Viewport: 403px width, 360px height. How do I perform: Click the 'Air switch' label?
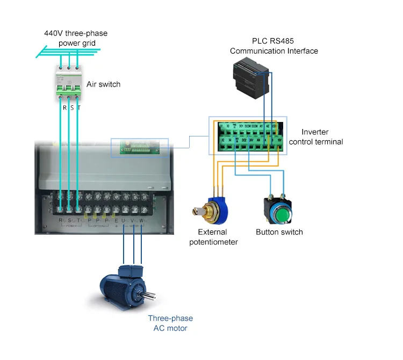coord(103,84)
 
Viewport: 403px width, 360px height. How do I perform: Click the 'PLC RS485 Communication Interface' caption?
coord(274,46)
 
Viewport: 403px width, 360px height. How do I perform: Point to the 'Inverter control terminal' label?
coord(315,137)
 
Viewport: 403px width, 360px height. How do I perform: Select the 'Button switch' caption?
coord(279,232)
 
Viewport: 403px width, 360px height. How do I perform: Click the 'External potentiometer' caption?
coord(213,237)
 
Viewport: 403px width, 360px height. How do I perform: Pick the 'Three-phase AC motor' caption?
coord(170,323)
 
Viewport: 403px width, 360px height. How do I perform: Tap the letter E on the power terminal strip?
coord(116,221)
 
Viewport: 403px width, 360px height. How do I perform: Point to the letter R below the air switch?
coord(64,107)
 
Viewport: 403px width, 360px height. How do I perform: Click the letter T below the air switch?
coord(79,107)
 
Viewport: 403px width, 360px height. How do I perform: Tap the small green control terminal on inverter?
coord(139,147)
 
